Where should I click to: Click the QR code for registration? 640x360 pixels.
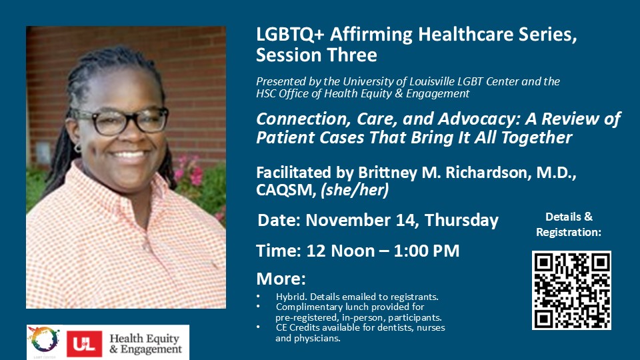click(571, 290)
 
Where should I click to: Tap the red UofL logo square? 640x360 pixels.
click(85, 344)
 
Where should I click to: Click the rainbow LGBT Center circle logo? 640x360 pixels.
click(43, 339)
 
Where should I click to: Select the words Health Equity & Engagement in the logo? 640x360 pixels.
click(146, 344)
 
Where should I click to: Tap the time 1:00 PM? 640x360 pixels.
click(427, 251)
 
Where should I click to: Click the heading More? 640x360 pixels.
click(281, 279)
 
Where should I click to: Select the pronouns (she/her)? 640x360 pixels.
click(355, 190)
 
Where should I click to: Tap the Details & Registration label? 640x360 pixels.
click(569, 224)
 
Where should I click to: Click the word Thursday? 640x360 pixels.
click(461, 221)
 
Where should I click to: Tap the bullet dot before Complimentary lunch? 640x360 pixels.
click(258, 307)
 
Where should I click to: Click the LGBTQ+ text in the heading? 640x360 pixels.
click(290, 35)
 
